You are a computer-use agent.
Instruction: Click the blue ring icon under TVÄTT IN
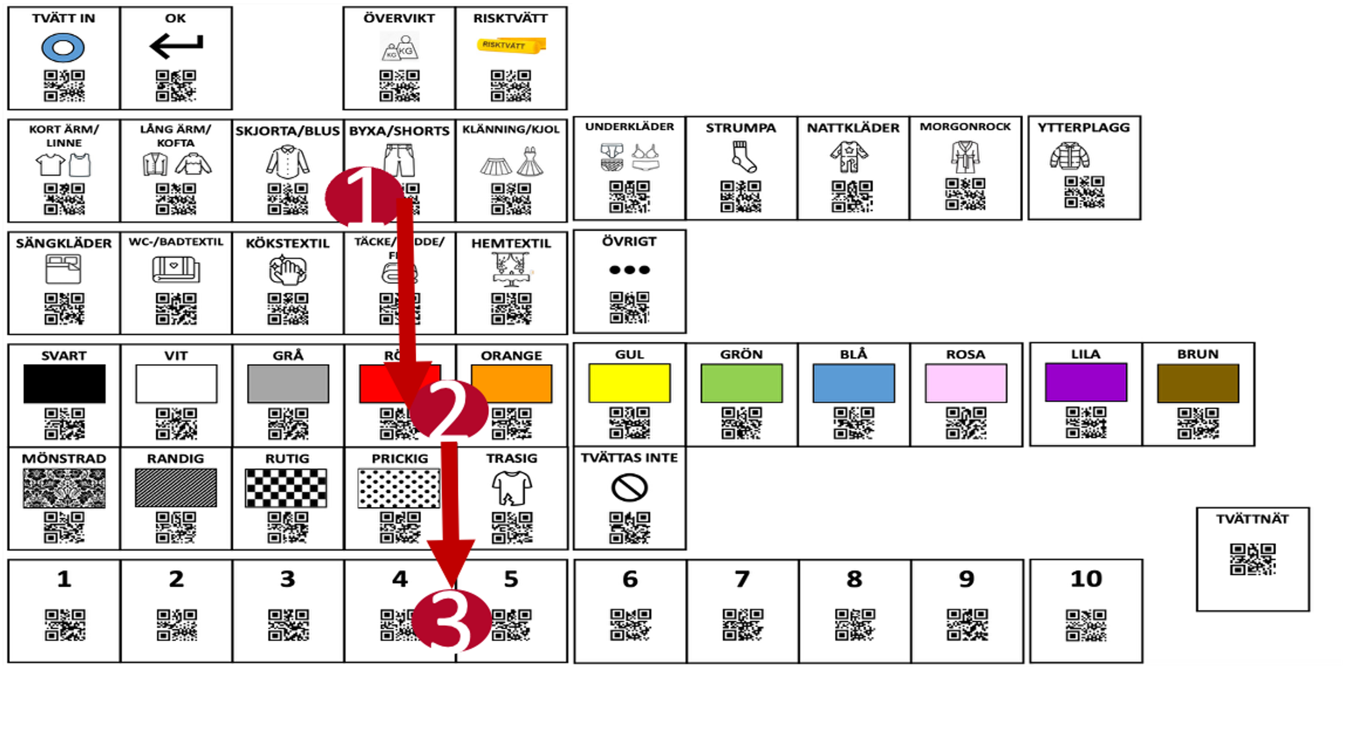pyautogui.click(x=63, y=48)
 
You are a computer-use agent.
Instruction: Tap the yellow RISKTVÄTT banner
pyautogui.click(x=511, y=45)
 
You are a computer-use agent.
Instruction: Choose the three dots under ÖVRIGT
pyautogui.click(x=630, y=270)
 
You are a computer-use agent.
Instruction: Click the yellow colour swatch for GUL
pyautogui.click(x=630, y=383)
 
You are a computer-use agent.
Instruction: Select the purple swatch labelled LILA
pyautogui.click(x=1086, y=382)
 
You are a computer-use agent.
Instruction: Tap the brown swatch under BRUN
pyautogui.click(x=1198, y=383)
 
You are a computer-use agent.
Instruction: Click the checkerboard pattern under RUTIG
pyautogui.click(x=286, y=488)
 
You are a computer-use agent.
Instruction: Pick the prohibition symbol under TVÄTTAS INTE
pyautogui.click(x=630, y=487)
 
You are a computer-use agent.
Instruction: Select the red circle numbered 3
pyautogui.click(x=451, y=621)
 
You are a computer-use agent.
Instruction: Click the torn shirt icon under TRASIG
pyautogui.click(x=511, y=488)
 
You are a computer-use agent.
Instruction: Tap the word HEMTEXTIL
pyautogui.click(x=511, y=243)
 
